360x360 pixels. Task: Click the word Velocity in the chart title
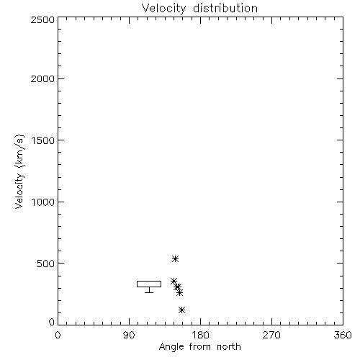click(x=164, y=9)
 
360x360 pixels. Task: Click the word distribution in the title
click(x=225, y=8)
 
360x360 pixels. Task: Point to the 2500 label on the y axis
click(x=42, y=19)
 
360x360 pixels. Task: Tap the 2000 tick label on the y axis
click(x=42, y=78)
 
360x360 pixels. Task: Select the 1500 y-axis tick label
click(x=43, y=140)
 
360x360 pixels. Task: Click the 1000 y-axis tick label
click(x=43, y=202)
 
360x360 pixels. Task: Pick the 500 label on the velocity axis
click(x=46, y=264)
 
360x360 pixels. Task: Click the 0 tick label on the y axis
click(x=52, y=322)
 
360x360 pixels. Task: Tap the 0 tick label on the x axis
click(x=58, y=335)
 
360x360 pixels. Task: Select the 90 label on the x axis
click(x=129, y=335)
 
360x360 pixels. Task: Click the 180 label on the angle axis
click(x=200, y=335)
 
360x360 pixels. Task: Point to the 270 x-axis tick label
click(x=271, y=335)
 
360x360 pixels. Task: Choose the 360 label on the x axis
click(x=343, y=335)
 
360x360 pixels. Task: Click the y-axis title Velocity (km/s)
click(x=19, y=171)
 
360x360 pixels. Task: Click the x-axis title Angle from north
click(x=200, y=347)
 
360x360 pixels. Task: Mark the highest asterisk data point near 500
click(x=175, y=258)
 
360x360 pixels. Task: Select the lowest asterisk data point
click(x=182, y=310)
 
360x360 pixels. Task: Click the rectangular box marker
click(x=149, y=281)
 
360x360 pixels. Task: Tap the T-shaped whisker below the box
click(x=149, y=290)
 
